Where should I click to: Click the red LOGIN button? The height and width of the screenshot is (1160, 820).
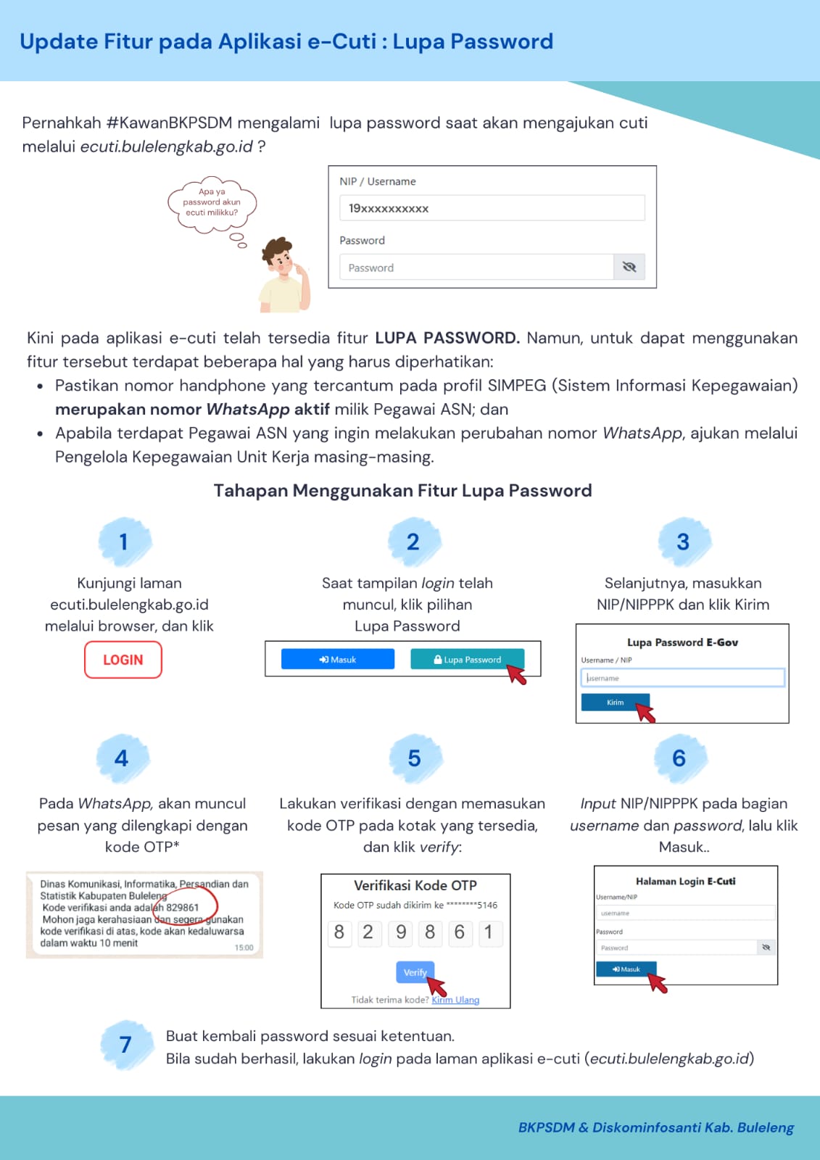pyautogui.click(x=123, y=660)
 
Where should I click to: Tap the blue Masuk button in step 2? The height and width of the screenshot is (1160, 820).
pyautogui.click(x=337, y=659)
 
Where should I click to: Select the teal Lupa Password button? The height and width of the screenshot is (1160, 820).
pyautogui.click(x=467, y=659)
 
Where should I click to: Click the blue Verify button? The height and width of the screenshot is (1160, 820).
pyautogui.click(x=415, y=972)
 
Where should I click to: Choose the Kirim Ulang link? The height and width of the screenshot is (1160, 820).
pyautogui.click(x=455, y=1000)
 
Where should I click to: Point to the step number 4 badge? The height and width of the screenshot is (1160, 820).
pyautogui.click(x=122, y=758)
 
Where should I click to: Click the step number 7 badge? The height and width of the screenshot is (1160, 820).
pyautogui.click(x=125, y=1045)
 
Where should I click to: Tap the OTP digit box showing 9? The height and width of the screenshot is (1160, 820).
pyautogui.click(x=400, y=932)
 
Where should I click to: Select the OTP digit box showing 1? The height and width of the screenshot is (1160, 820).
pyautogui.click(x=488, y=932)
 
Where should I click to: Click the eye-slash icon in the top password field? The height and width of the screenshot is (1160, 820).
pyautogui.click(x=629, y=267)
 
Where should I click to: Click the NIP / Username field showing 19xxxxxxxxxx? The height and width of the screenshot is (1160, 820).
pyautogui.click(x=492, y=208)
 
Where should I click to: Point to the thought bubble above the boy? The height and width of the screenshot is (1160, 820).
pyautogui.click(x=211, y=203)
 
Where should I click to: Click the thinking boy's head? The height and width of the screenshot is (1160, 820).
pyautogui.click(x=279, y=256)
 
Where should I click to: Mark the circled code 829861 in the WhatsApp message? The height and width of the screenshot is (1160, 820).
pyautogui.click(x=183, y=907)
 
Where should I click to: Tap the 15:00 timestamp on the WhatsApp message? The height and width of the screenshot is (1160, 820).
pyautogui.click(x=244, y=948)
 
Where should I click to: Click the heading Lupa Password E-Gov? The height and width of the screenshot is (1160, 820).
pyautogui.click(x=682, y=642)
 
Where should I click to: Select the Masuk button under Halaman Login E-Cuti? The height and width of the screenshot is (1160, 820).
pyautogui.click(x=625, y=969)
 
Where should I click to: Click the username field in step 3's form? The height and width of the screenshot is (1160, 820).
pyautogui.click(x=682, y=678)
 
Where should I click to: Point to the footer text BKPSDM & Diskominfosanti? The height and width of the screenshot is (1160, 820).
pyautogui.click(x=655, y=1127)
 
